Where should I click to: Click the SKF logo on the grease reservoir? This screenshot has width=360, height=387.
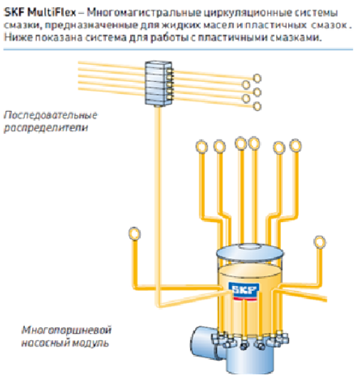244,291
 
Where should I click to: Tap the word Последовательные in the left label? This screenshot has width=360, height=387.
51,115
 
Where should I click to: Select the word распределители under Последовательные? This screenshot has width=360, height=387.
46,128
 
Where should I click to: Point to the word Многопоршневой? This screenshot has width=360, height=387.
66,331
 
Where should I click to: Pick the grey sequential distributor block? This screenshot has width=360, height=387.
158,83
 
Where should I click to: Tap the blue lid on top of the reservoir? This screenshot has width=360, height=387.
250,253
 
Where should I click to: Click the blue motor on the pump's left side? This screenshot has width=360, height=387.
203,342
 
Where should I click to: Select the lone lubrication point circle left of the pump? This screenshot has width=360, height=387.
134,234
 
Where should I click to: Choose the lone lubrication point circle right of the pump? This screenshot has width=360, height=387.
319,242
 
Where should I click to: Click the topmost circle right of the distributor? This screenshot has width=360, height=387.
257,78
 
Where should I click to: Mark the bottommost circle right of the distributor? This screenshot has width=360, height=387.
257,107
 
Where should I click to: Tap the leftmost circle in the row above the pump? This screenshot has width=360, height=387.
202,147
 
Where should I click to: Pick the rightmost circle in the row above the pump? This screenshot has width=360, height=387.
295,145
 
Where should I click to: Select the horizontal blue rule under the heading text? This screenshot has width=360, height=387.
178,50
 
